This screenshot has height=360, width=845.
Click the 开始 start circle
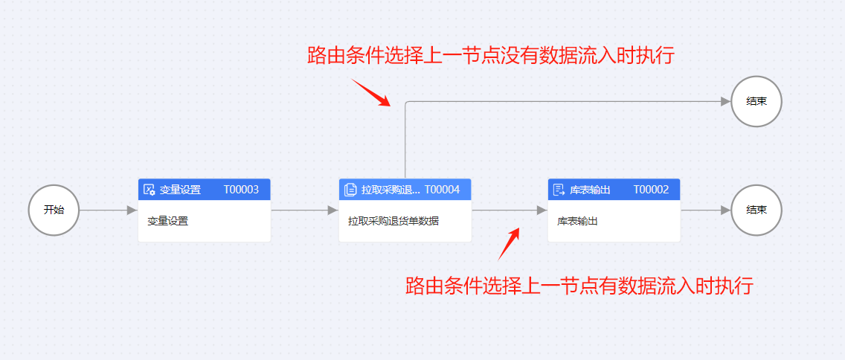[54, 210]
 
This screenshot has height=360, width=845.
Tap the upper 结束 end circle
[756, 102]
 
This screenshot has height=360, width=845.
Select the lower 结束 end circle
[756, 210]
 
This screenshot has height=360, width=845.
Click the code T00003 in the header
[241, 190]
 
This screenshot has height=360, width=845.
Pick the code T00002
[651, 190]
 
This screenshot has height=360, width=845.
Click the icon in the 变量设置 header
[149, 190]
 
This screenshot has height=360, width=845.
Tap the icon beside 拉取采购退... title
[350, 190]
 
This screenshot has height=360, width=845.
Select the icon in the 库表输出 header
[559, 190]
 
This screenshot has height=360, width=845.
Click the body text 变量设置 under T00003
[167, 221]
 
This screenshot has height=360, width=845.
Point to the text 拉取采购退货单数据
[393, 221]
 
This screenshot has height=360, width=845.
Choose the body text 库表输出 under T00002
[578, 221]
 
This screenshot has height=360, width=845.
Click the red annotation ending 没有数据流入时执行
[490, 56]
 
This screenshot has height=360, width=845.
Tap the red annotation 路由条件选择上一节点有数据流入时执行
[579, 286]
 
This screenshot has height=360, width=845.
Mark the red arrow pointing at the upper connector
[371, 93]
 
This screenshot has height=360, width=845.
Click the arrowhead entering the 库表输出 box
[542, 210]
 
